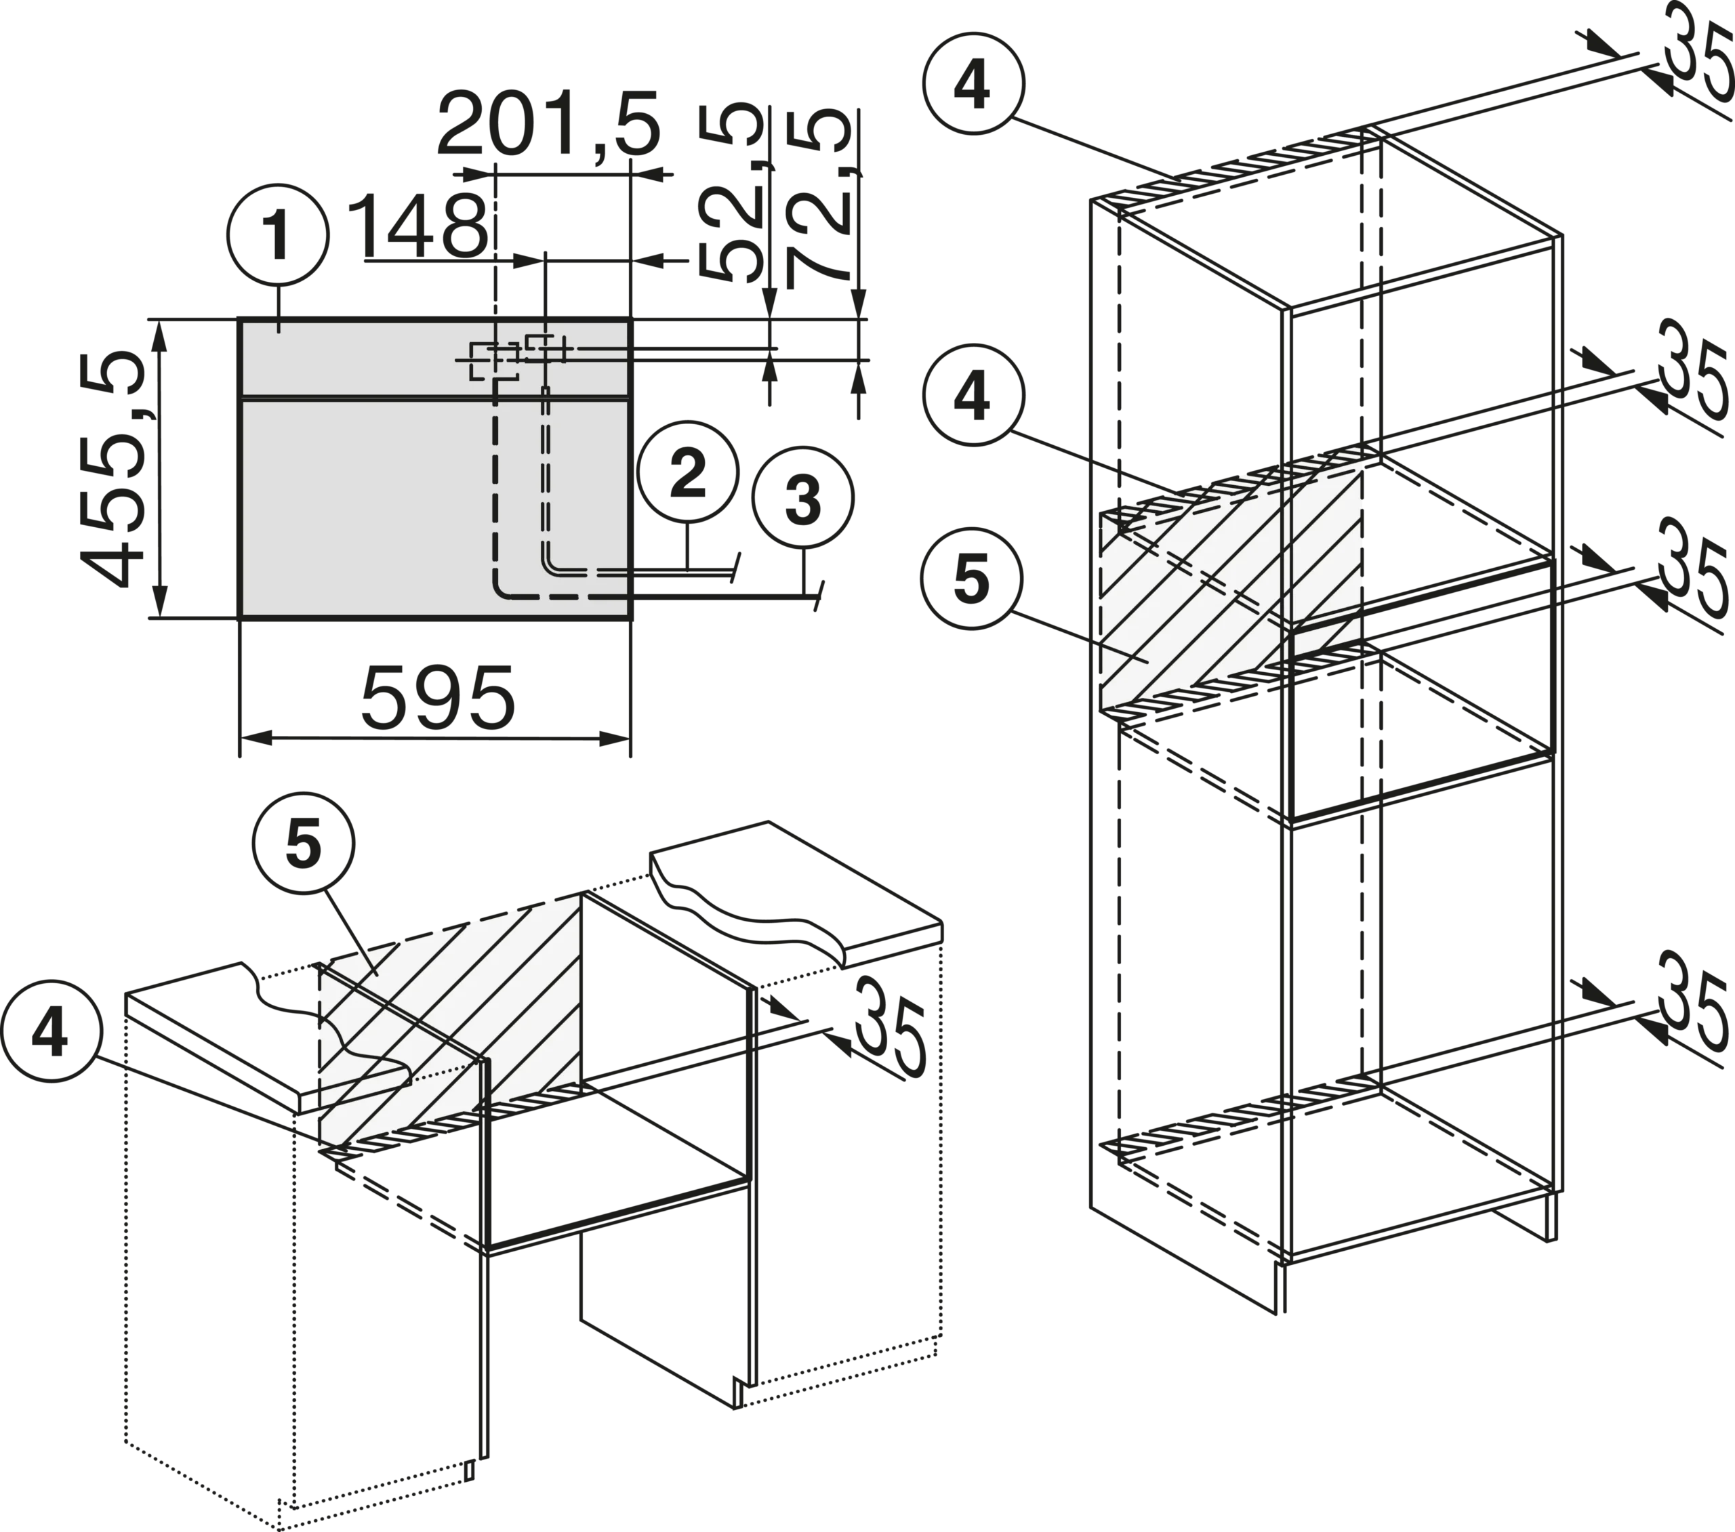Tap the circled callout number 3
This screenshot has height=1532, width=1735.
[803, 497]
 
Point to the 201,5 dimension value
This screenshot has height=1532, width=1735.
[548, 125]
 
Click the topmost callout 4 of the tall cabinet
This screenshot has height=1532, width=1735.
[973, 83]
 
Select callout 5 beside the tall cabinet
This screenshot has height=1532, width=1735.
[973, 579]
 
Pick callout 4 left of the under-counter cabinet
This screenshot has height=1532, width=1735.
[52, 1032]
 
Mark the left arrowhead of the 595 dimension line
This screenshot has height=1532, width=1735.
[256, 739]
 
